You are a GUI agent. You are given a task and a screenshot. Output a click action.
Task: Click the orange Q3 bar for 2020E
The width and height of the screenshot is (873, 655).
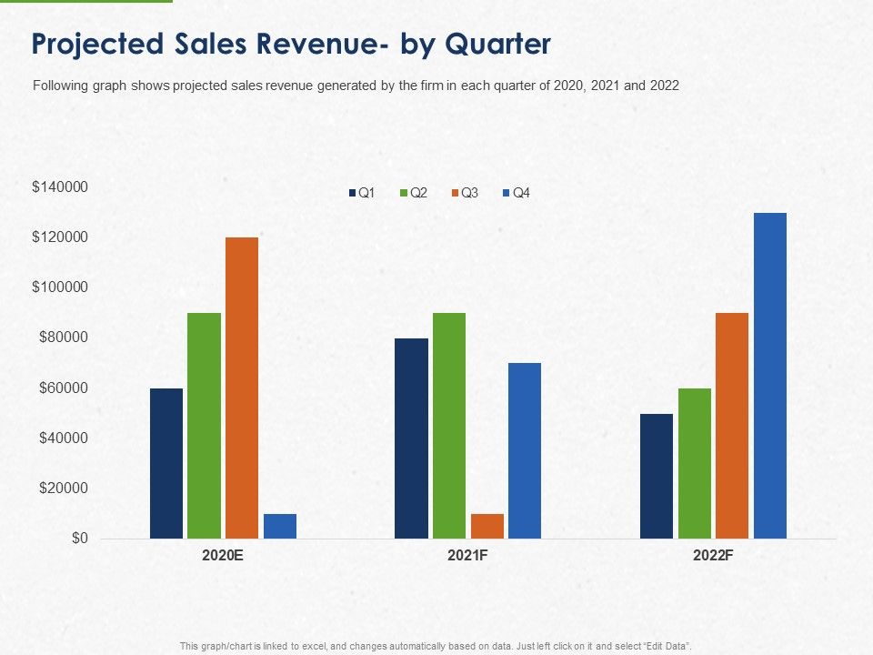(x=242, y=388)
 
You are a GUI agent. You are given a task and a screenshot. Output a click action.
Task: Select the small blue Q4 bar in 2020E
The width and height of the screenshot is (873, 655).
(x=280, y=526)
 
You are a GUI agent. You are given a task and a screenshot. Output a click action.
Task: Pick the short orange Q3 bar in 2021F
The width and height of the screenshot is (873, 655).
(x=487, y=526)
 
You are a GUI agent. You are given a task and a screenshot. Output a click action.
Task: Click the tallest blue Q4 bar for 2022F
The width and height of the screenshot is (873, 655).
(x=770, y=375)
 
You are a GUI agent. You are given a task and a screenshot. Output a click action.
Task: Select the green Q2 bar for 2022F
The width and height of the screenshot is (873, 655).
(x=695, y=463)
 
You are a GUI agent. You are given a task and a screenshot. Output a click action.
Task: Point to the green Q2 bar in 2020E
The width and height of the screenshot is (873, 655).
(x=205, y=425)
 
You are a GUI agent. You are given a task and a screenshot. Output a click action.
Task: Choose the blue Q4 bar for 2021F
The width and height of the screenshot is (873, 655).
(x=525, y=450)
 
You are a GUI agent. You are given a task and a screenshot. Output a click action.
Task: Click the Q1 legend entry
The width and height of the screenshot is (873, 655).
(x=362, y=193)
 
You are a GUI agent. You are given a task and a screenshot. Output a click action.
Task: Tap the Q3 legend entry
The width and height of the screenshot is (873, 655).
(x=465, y=193)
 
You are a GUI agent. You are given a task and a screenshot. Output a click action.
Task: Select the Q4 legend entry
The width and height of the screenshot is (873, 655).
(x=516, y=193)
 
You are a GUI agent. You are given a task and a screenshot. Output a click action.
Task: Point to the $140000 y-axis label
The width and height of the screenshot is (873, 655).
(x=60, y=187)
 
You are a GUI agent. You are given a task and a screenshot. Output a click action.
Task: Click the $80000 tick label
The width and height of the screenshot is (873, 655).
(x=63, y=338)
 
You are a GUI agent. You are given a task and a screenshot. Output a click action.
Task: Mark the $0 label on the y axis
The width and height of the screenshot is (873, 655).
(x=80, y=539)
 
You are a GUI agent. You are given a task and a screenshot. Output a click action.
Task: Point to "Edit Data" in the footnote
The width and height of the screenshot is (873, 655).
(x=668, y=645)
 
